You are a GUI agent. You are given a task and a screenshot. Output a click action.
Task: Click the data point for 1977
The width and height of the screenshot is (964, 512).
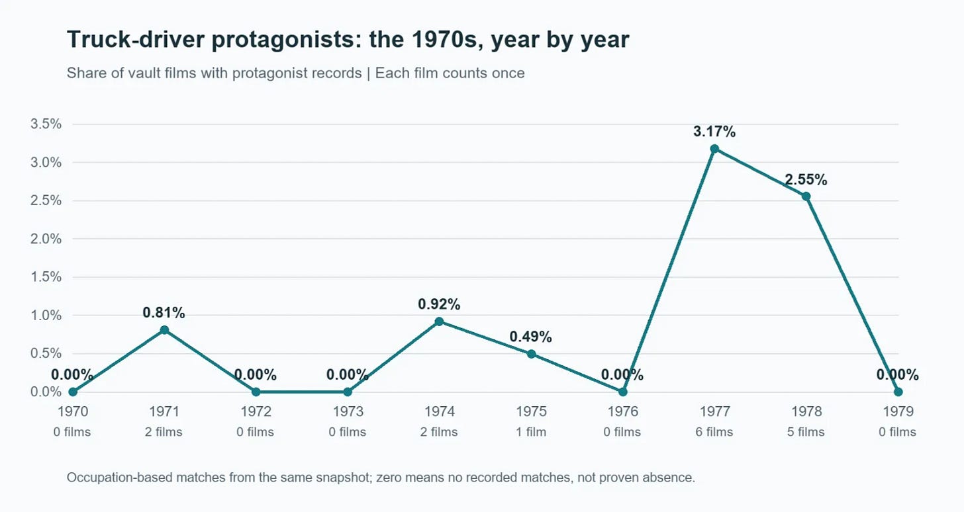pos(714,149)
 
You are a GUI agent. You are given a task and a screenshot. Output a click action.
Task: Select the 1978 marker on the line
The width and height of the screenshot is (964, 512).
pos(806,196)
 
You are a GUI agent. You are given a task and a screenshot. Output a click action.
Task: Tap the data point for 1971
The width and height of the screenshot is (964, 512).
pos(164,329)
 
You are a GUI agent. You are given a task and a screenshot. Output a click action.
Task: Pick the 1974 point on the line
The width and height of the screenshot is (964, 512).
pos(440,321)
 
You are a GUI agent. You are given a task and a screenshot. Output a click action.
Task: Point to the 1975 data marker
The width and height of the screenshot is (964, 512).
pos(532,354)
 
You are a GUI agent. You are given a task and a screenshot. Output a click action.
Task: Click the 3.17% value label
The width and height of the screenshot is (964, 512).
pos(714,132)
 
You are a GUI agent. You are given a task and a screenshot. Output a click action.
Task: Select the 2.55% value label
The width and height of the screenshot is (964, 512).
pos(806,180)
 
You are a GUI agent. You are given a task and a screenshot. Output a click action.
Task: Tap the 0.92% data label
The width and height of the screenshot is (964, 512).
pos(440,304)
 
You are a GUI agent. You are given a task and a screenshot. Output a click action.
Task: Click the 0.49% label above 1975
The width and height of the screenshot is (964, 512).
pos(531,337)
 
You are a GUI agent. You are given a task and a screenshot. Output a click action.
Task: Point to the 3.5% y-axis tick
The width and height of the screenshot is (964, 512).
pos(46,124)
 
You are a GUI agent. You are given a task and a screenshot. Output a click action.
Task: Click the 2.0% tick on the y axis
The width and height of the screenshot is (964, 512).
pos(46,239)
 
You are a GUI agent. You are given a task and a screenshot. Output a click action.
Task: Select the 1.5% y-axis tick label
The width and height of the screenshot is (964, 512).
pos(46,277)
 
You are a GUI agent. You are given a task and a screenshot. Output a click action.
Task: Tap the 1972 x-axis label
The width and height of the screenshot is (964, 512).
pos(256,411)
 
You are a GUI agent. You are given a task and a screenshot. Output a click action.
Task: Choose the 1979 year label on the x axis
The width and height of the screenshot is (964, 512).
pos(898,411)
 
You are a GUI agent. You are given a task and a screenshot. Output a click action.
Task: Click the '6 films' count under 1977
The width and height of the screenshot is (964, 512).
pos(714,431)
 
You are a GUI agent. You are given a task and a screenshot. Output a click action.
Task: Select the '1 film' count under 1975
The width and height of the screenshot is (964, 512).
pos(532,431)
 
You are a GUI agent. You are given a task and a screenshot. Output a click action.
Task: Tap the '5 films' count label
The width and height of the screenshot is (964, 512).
pos(806,431)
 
